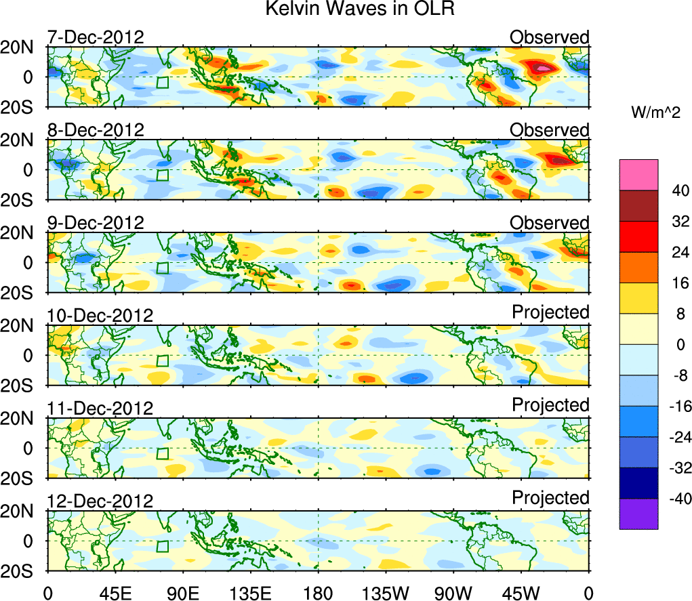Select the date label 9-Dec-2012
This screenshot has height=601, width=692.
[96, 223]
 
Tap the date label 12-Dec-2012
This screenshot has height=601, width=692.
[100, 501]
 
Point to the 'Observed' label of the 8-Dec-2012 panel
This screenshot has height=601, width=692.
[550, 130]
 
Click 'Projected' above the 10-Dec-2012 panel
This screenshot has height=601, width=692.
[550, 312]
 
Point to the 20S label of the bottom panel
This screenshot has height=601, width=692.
[25, 571]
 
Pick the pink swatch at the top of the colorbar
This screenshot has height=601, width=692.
[638, 174]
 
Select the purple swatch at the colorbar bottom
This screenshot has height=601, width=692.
[638, 514]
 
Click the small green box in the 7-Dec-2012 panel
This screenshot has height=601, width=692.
[162, 83]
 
